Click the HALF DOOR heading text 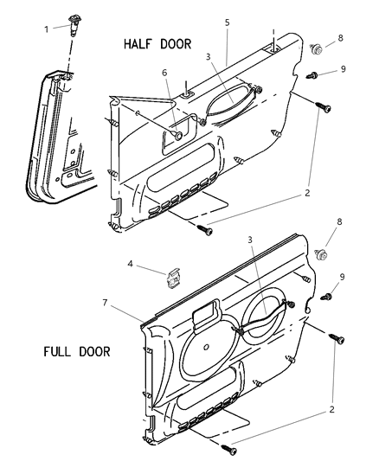click(157, 44)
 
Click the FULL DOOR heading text click(77, 352)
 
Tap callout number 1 click(47, 29)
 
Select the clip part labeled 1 click(74, 25)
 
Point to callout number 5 click(227, 22)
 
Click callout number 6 click(164, 73)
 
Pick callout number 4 click(131, 264)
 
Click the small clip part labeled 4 click(173, 279)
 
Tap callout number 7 click(106, 303)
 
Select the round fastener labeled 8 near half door click(317, 49)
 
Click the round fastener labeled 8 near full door click(321, 254)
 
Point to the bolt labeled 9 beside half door click(312, 75)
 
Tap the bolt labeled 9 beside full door click(326, 297)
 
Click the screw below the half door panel click(205, 230)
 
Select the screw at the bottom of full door click(229, 450)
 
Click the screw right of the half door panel click(323, 106)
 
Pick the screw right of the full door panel click(337, 339)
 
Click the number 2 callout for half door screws click(307, 193)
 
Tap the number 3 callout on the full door click(249, 240)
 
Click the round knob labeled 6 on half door click(178, 136)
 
